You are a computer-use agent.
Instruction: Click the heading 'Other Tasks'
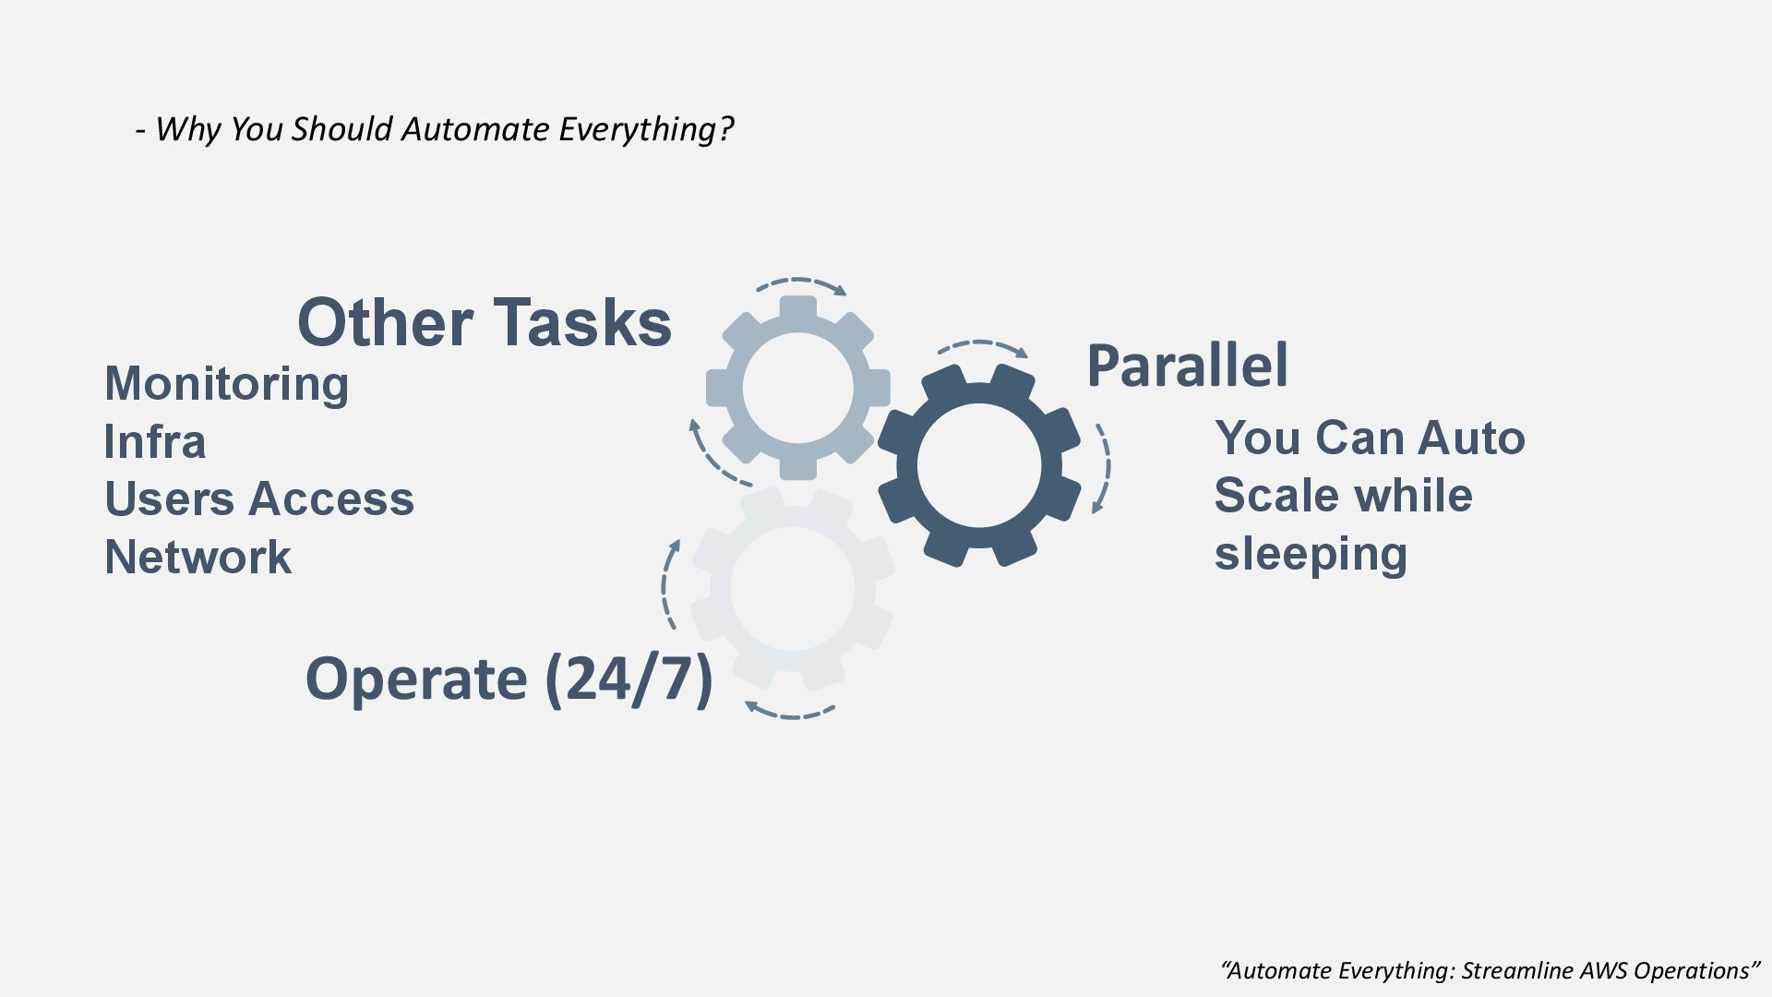(484, 323)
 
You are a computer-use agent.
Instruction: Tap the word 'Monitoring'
(226, 383)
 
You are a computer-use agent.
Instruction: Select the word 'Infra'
(154, 441)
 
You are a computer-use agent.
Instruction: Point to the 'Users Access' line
(259, 498)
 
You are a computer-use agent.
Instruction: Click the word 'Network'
(198, 557)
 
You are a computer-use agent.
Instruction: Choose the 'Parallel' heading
(1187, 366)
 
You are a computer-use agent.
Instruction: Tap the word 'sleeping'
(1311, 553)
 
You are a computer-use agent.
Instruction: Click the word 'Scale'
(1276, 495)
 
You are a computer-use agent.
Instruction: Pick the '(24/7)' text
(629, 679)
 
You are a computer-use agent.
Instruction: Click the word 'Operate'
(416, 679)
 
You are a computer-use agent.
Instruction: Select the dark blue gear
(978, 465)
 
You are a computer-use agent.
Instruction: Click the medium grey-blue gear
(797, 388)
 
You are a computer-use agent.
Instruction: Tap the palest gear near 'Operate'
(792, 589)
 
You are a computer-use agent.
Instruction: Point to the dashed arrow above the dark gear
(982, 347)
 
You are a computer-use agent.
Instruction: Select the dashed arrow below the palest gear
(790, 711)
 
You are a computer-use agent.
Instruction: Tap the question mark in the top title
(725, 129)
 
